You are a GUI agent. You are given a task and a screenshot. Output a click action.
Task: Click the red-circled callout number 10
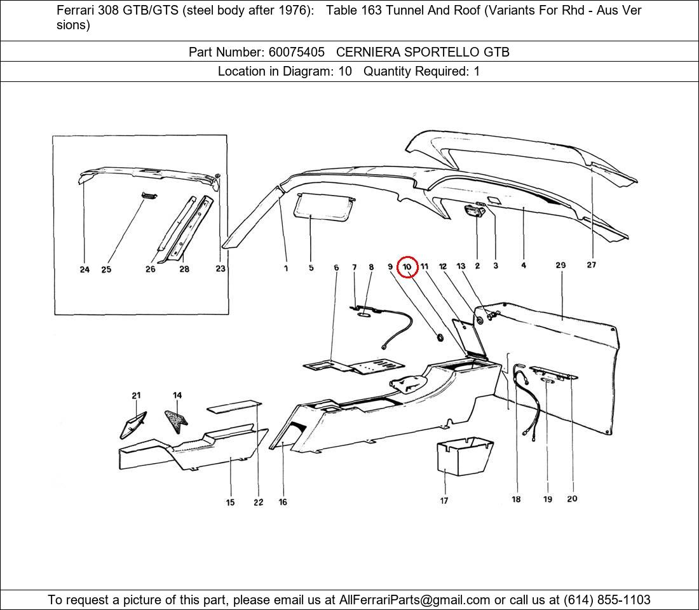[407, 268]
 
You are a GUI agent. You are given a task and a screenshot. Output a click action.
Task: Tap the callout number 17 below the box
[444, 501]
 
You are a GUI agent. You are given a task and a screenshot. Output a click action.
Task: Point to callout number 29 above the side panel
[560, 265]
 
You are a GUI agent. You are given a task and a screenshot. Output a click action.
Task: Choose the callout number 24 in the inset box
[85, 269]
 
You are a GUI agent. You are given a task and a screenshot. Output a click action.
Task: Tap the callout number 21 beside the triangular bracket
[136, 396]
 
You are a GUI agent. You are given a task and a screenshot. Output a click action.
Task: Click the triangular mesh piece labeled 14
[175, 419]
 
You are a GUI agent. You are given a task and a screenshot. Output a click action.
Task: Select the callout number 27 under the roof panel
[591, 265]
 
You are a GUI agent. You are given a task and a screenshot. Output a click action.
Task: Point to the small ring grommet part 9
[440, 335]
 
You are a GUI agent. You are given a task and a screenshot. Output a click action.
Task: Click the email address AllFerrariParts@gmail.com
[415, 600]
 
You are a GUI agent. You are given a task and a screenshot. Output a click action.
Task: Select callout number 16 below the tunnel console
[283, 502]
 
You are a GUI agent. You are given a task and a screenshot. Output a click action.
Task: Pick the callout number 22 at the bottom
[258, 502]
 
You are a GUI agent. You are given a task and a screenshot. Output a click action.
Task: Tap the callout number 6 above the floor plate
[336, 268]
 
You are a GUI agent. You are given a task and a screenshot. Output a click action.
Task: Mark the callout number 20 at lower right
[572, 499]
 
